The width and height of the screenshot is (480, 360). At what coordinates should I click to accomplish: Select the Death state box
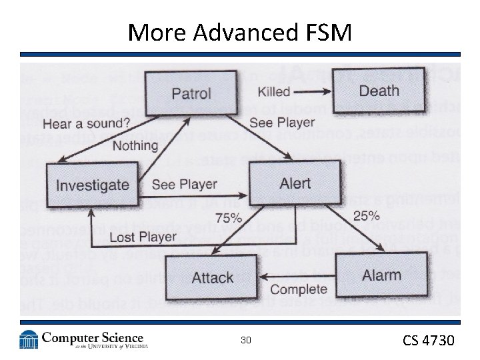tap(379, 91)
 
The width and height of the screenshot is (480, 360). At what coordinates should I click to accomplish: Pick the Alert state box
tap(295, 183)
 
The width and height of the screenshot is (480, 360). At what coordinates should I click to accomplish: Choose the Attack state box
tap(212, 277)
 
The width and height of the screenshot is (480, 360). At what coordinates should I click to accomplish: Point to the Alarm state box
tap(381, 275)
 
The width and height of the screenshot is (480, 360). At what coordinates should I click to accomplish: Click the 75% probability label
tap(229, 218)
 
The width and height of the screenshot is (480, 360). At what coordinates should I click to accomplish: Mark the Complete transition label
tap(299, 289)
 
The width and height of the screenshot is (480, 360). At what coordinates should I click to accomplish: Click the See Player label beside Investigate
tap(185, 184)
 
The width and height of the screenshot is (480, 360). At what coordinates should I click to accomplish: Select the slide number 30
tap(246, 341)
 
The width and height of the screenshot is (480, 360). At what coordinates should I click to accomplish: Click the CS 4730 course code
tap(428, 341)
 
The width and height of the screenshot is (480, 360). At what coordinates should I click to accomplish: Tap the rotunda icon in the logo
tap(29, 340)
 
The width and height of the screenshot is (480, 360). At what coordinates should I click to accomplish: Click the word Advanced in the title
tap(246, 31)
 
